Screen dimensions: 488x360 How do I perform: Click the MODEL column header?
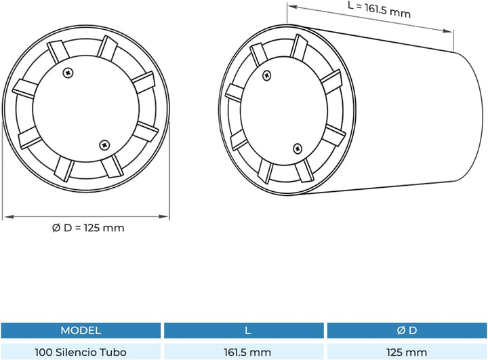tap(81, 330)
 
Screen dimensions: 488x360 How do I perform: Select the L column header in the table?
tap(247, 330)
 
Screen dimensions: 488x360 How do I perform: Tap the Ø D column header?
tap(407, 330)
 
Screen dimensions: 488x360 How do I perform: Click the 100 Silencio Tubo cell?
tap(81, 353)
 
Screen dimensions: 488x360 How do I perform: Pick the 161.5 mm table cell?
tap(247, 353)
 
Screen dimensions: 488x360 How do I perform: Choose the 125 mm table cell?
tap(407, 353)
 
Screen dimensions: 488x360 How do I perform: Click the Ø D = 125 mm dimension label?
tap(88, 228)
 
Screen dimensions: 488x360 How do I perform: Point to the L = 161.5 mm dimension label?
tap(379, 10)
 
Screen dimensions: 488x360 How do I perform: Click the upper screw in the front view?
tap(68, 73)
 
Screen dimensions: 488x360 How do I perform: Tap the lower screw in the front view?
tap(104, 145)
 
